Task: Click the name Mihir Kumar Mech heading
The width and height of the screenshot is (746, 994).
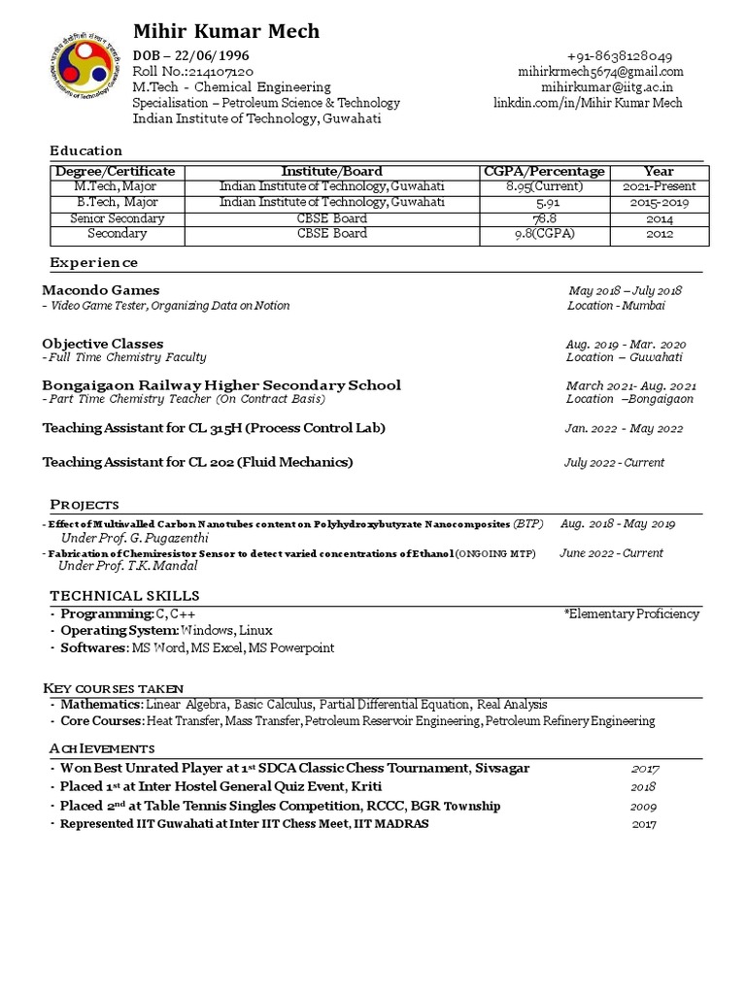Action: pos(225,32)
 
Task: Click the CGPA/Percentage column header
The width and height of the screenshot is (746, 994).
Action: pos(544,171)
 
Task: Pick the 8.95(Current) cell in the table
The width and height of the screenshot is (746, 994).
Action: pos(544,186)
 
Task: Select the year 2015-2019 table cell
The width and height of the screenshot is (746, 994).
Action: pos(661,203)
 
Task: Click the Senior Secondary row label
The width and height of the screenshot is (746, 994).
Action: pos(117,218)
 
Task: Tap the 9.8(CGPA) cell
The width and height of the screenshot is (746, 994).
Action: pos(544,234)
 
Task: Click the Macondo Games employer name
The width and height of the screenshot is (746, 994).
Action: pos(101,290)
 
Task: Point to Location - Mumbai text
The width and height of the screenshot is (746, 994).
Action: pos(616,306)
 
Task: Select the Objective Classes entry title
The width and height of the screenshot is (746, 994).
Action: pos(103,344)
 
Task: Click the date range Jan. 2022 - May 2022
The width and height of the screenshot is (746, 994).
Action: pos(624,429)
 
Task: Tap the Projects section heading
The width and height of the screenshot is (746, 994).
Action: pos(85,504)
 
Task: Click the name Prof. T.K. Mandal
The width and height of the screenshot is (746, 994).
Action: pos(146,566)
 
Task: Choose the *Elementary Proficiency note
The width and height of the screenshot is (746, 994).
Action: pos(630,613)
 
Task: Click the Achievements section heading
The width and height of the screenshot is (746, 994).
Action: pos(102,748)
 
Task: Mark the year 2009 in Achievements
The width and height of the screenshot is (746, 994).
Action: pos(643,806)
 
